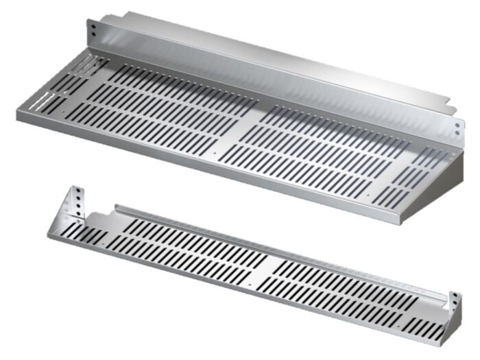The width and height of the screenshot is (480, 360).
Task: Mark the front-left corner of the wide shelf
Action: point(19,114)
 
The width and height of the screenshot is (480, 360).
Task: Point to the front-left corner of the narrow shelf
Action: point(49,235)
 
